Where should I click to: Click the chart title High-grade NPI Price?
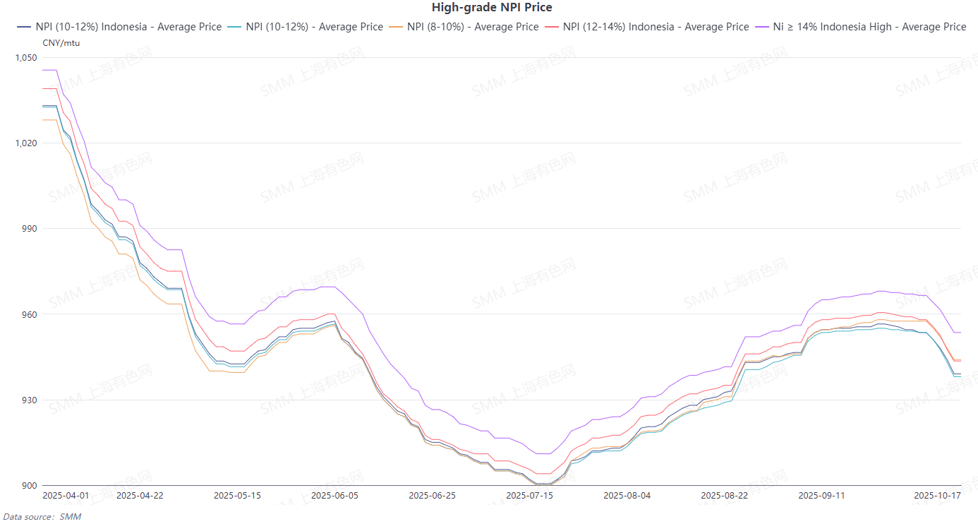pyautogui.click(x=492, y=8)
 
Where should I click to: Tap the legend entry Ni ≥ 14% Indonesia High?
pyautogui.click(x=861, y=27)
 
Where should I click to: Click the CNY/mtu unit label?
pyautogui.click(x=61, y=43)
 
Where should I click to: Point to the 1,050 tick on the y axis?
pyautogui.click(x=25, y=57)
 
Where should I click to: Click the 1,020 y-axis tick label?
pyautogui.click(x=25, y=143)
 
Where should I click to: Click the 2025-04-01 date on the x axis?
pyautogui.click(x=66, y=496)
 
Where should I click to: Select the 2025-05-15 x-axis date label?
pyautogui.click(x=237, y=496)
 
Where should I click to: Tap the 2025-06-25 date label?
pyautogui.click(x=433, y=496)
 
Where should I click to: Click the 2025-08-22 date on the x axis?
pyautogui.click(x=724, y=496)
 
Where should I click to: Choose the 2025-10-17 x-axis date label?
pyautogui.click(x=937, y=496)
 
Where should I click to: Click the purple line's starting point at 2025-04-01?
pyautogui.click(x=44, y=70)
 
